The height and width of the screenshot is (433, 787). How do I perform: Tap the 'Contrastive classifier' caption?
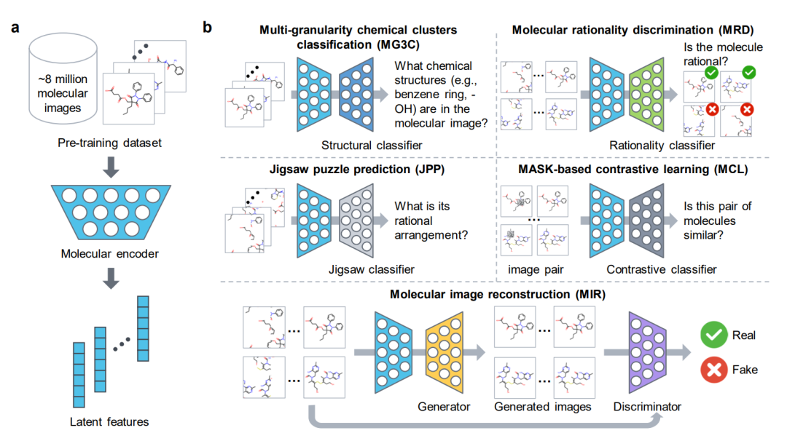(662, 270)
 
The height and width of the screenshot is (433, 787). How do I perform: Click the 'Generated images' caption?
(542, 407)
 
